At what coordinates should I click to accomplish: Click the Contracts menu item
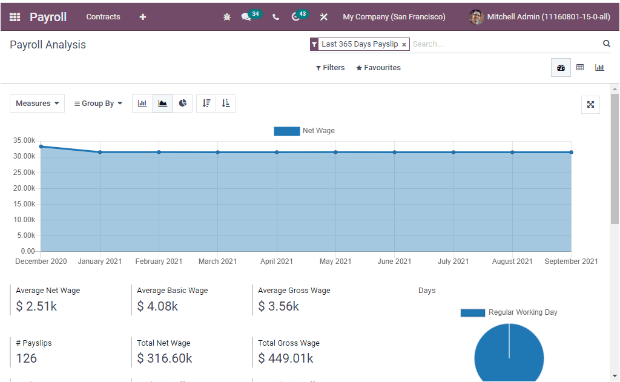coord(103,17)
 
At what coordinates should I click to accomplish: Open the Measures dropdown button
coord(37,104)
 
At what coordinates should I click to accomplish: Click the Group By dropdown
coord(98,104)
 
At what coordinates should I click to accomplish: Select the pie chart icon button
coord(183,104)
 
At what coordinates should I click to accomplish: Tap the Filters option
coord(331,68)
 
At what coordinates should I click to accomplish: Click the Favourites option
coord(378,68)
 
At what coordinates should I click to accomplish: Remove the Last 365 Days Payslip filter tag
coord(404,45)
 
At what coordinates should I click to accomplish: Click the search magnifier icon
coord(606,44)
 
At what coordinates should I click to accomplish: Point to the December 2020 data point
coord(41,147)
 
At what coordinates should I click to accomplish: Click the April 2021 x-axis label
coord(277,262)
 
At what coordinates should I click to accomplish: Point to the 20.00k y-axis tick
coord(24,188)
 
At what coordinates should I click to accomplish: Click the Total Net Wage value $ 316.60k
coord(165,358)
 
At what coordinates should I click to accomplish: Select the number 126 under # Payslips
coord(27,358)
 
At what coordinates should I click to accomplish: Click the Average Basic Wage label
coord(172,291)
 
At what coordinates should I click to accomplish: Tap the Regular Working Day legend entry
coord(509,313)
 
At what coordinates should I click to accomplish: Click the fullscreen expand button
coord(590,104)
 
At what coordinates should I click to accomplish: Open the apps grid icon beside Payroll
coord(15,17)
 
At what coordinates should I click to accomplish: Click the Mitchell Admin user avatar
coord(476,17)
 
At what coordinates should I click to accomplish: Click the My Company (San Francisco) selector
coord(394,17)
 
